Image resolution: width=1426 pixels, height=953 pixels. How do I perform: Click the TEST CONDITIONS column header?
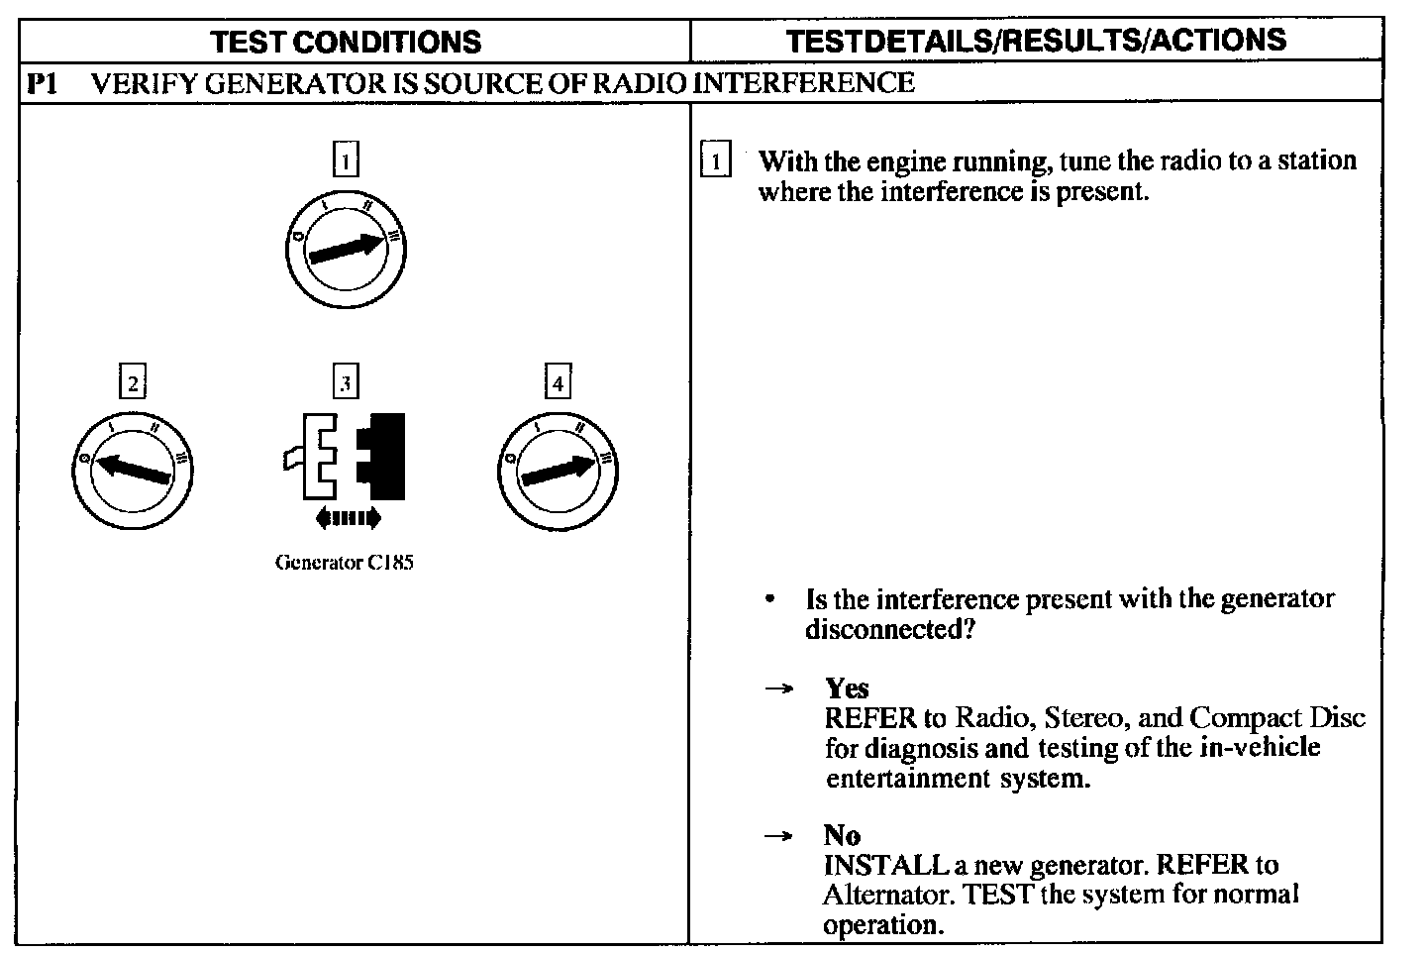[x=347, y=42]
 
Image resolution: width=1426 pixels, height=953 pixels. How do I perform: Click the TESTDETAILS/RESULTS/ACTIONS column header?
[x=1036, y=40]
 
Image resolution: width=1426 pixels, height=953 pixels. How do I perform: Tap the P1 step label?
[x=42, y=82]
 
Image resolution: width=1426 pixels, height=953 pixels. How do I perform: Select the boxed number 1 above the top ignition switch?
[x=345, y=159]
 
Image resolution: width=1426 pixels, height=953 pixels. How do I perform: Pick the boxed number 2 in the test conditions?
[x=132, y=381]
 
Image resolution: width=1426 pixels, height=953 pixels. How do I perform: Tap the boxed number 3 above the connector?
[x=345, y=381]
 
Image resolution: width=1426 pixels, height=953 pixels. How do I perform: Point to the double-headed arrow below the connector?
[x=346, y=516]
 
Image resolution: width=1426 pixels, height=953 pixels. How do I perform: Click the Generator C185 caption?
[x=344, y=563]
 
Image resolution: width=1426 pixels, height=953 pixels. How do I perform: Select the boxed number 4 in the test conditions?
[x=559, y=381]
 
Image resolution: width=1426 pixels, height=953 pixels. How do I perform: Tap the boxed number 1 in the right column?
[x=715, y=159]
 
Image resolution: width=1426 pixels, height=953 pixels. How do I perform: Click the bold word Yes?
[x=847, y=688]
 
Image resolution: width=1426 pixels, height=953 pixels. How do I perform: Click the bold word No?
[x=841, y=835]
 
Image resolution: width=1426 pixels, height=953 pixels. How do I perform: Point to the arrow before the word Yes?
[x=779, y=688]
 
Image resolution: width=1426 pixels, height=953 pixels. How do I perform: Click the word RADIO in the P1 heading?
[x=639, y=82]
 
